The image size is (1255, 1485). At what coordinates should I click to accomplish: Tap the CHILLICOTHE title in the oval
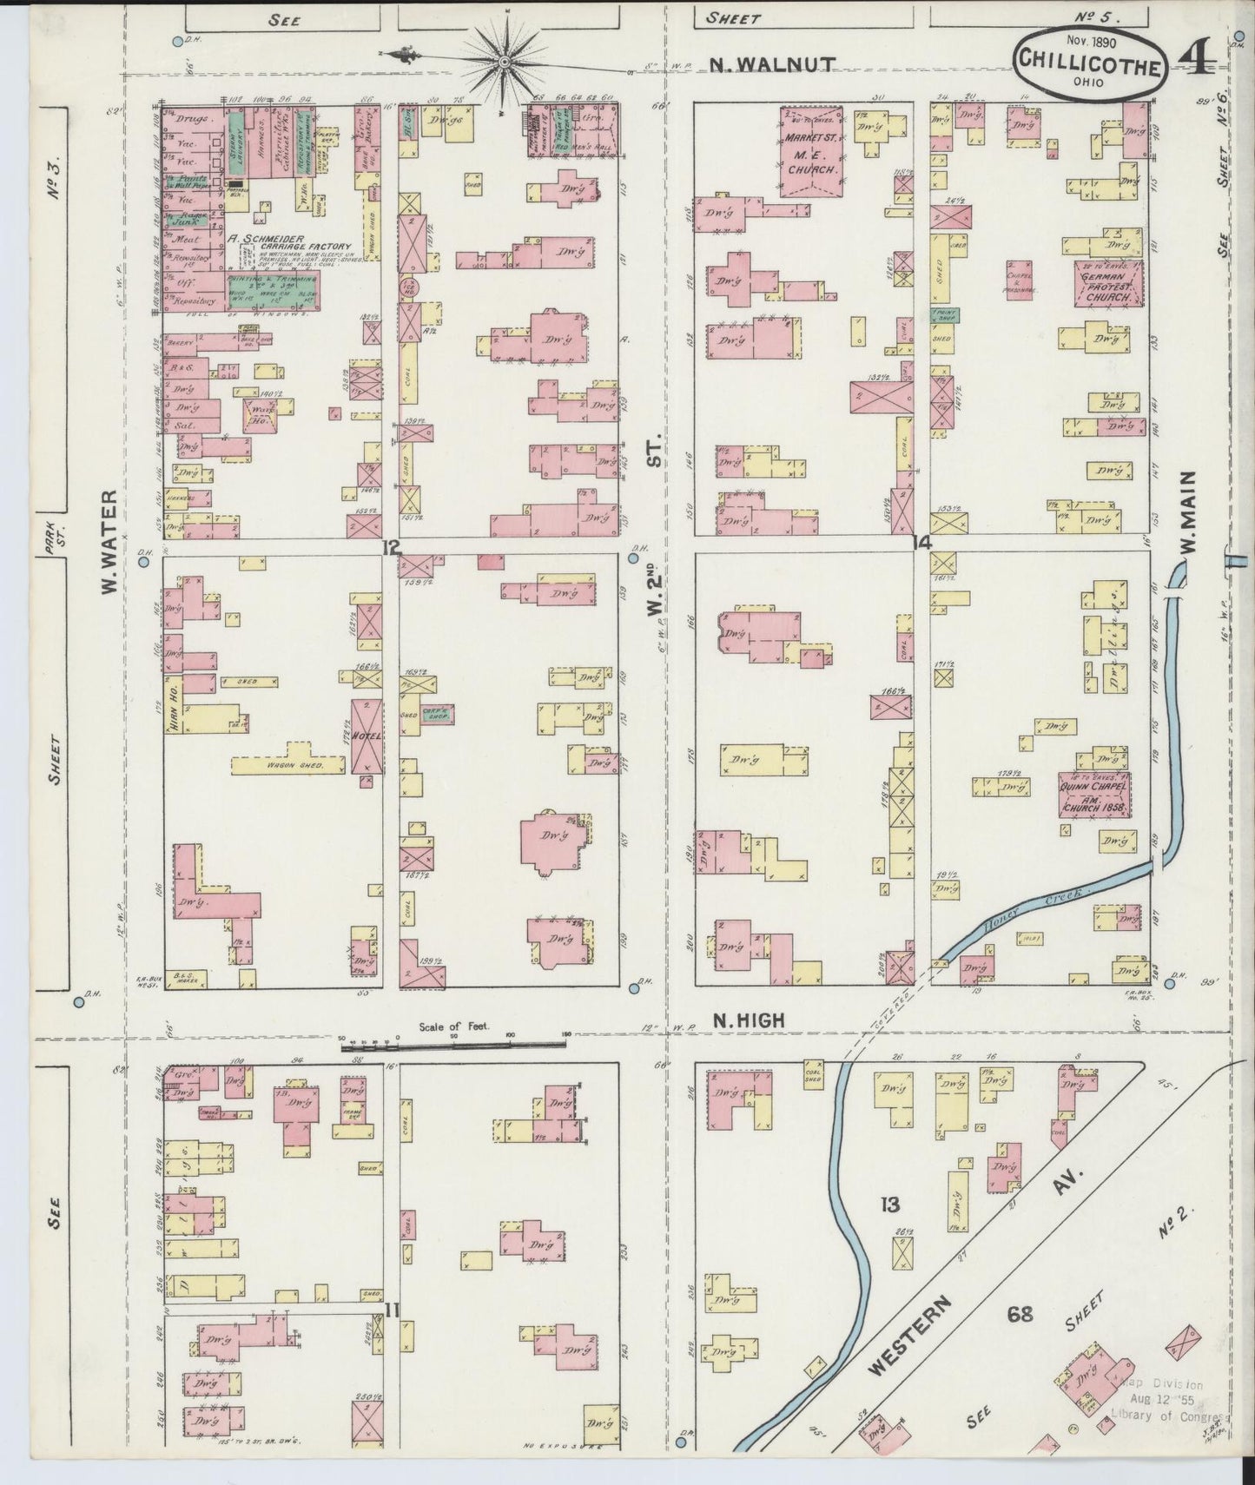pyautogui.click(x=1088, y=63)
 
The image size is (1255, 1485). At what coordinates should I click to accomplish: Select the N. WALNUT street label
pyautogui.click(x=771, y=63)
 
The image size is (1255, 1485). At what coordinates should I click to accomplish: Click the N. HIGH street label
pyautogui.click(x=749, y=1022)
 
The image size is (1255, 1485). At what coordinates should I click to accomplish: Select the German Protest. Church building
pyautogui.click(x=1108, y=284)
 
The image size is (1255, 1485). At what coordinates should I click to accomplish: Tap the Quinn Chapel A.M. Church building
pyautogui.click(x=1093, y=794)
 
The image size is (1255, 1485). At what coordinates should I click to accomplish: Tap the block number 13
pyautogui.click(x=890, y=1204)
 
